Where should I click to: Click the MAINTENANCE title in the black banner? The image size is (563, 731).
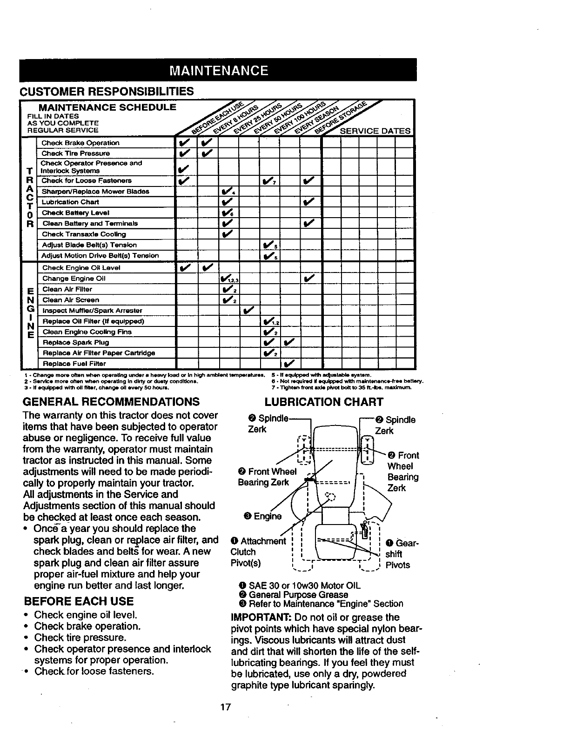pyautogui.click(x=218, y=70)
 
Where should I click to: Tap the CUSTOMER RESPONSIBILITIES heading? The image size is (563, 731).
pyautogui.click(x=107, y=91)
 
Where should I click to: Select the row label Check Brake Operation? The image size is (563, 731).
pyautogui.click(x=80, y=143)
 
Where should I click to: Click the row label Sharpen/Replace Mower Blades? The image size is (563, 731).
pyautogui.click(x=95, y=191)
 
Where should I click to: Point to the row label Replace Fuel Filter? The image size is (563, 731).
pyautogui.click(x=74, y=364)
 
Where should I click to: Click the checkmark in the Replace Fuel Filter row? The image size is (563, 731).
pyautogui.click(x=289, y=364)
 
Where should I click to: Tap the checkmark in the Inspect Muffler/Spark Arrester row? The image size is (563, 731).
pyautogui.click(x=249, y=310)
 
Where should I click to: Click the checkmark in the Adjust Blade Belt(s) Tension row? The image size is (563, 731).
pyautogui.click(x=268, y=245)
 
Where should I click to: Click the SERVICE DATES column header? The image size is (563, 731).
pyautogui.click(x=376, y=131)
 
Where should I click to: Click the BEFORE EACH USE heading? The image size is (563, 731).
pyautogui.click(x=78, y=601)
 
